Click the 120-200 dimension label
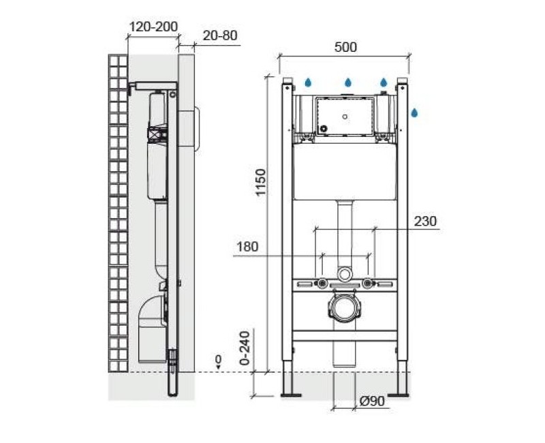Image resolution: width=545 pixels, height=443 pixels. click(x=153, y=27)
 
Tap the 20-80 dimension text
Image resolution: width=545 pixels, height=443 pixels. click(x=220, y=35)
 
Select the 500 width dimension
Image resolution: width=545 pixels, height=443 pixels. click(x=345, y=47)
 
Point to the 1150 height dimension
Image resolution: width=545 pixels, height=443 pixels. click(x=261, y=182)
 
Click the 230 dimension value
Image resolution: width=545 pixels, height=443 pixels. click(x=425, y=221)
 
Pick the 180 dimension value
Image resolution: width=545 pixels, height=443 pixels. click(x=247, y=247)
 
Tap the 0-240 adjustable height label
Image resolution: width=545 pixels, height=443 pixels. click(x=245, y=348)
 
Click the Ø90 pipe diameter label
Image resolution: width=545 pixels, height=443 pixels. click(x=372, y=401)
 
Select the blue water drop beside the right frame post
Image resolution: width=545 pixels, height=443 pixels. click(x=414, y=112)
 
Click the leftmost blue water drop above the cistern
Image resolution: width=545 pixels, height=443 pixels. click(x=309, y=82)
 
